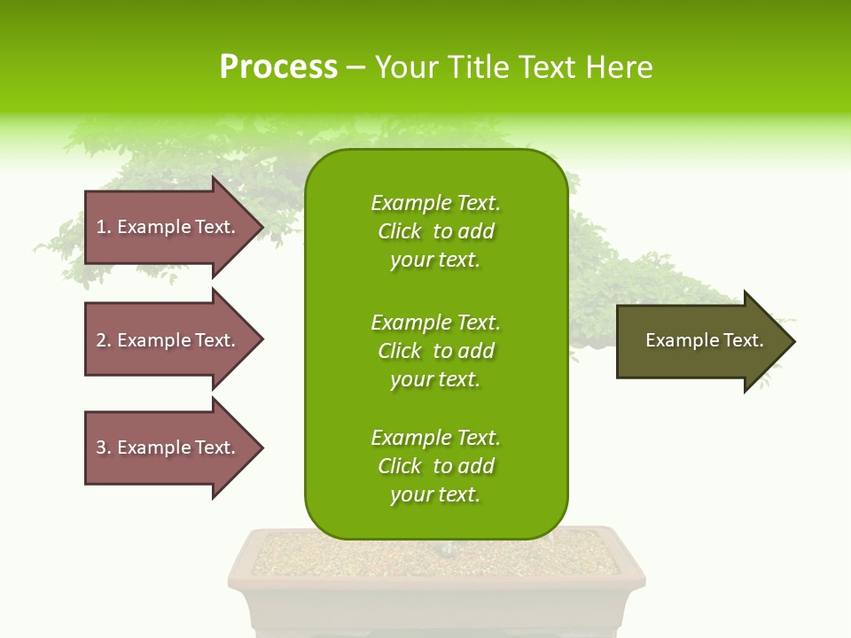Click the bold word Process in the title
pyautogui.click(x=278, y=67)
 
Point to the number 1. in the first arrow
pyautogui.click(x=104, y=227)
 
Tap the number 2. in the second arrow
pyautogui.click(x=104, y=340)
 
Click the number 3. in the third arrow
pyautogui.click(x=104, y=447)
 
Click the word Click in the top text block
pyautogui.click(x=399, y=231)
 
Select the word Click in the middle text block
pyautogui.click(x=399, y=351)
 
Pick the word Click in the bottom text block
pyautogui.click(x=399, y=466)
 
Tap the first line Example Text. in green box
pyautogui.click(x=435, y=203)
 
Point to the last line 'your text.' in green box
pyautogui.click(x=435, y=494)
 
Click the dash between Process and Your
pyautogui.click(x=355, y=67)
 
